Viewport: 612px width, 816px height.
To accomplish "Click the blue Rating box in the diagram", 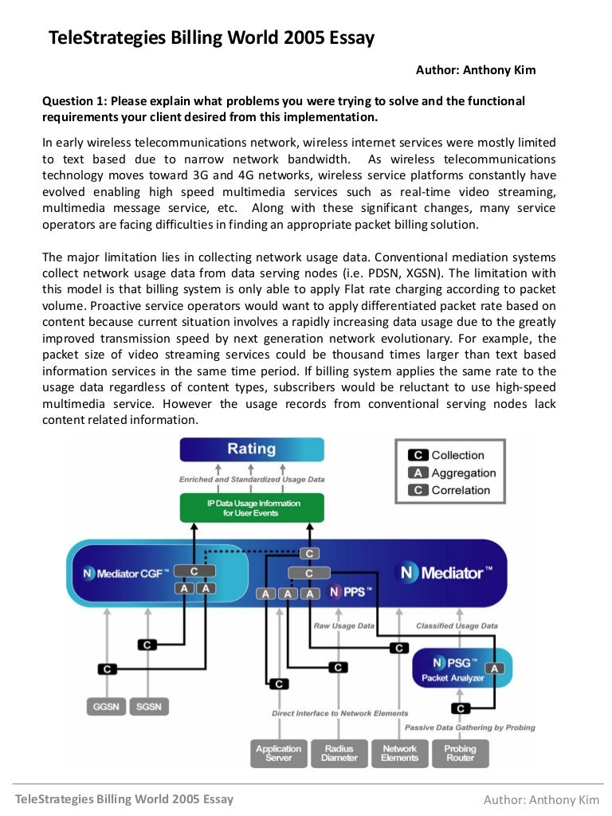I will pos(252,449).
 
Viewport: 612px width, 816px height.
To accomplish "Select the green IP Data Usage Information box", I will pos(252,508).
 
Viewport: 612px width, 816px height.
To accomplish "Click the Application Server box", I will pos(278,753).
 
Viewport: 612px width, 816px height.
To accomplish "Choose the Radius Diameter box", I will pos(339,753).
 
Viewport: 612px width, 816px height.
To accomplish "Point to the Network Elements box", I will pos(399,753).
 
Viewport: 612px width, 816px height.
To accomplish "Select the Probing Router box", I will pos(460,753).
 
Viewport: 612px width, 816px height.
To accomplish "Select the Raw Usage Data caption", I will pos(343,626).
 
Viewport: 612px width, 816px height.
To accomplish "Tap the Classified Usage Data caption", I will pos(457,626).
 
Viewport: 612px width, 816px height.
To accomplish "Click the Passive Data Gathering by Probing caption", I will pos(469,727).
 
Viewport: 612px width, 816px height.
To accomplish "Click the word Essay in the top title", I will pos(347,38).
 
